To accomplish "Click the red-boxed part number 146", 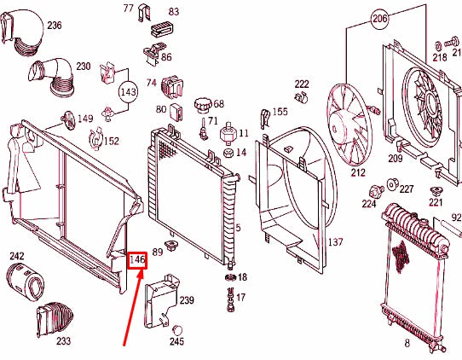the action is pyautogui.click(x=137, y=260).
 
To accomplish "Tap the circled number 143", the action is pyautogui.click(x=128, y=92).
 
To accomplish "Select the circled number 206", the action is pyautogui.click(x=379, y=19).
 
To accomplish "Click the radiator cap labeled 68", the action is pyautogui.click(x=203, y=106).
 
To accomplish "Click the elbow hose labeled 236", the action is pyautogui.click(x=21, y=32).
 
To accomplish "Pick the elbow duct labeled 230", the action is pyautogui.click(x=53, y=77).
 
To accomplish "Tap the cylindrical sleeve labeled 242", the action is pyautogui.click(x=26, y=282).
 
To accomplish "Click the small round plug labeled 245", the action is pyautogui.click(x=176, y=330).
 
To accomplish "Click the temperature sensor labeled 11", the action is pyautogui.click(x=228, y=134).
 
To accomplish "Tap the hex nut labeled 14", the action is pyautogui.click(x=229, y=153).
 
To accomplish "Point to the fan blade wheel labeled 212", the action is pyautogui.click(x=349, y=125).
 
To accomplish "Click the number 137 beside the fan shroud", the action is pyautogui.click(x=336, y=242).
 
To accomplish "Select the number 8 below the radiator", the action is pyautogui.click(x=407, y=343).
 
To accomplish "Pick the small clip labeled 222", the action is pyautogui.click(x=301, y=97).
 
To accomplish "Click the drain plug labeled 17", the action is pyautogui.click(x=231, y=299).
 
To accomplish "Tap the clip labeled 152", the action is pyautogui.click(x=95, y=138).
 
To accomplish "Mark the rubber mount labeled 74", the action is pyautogui.click(x=172, y=87).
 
